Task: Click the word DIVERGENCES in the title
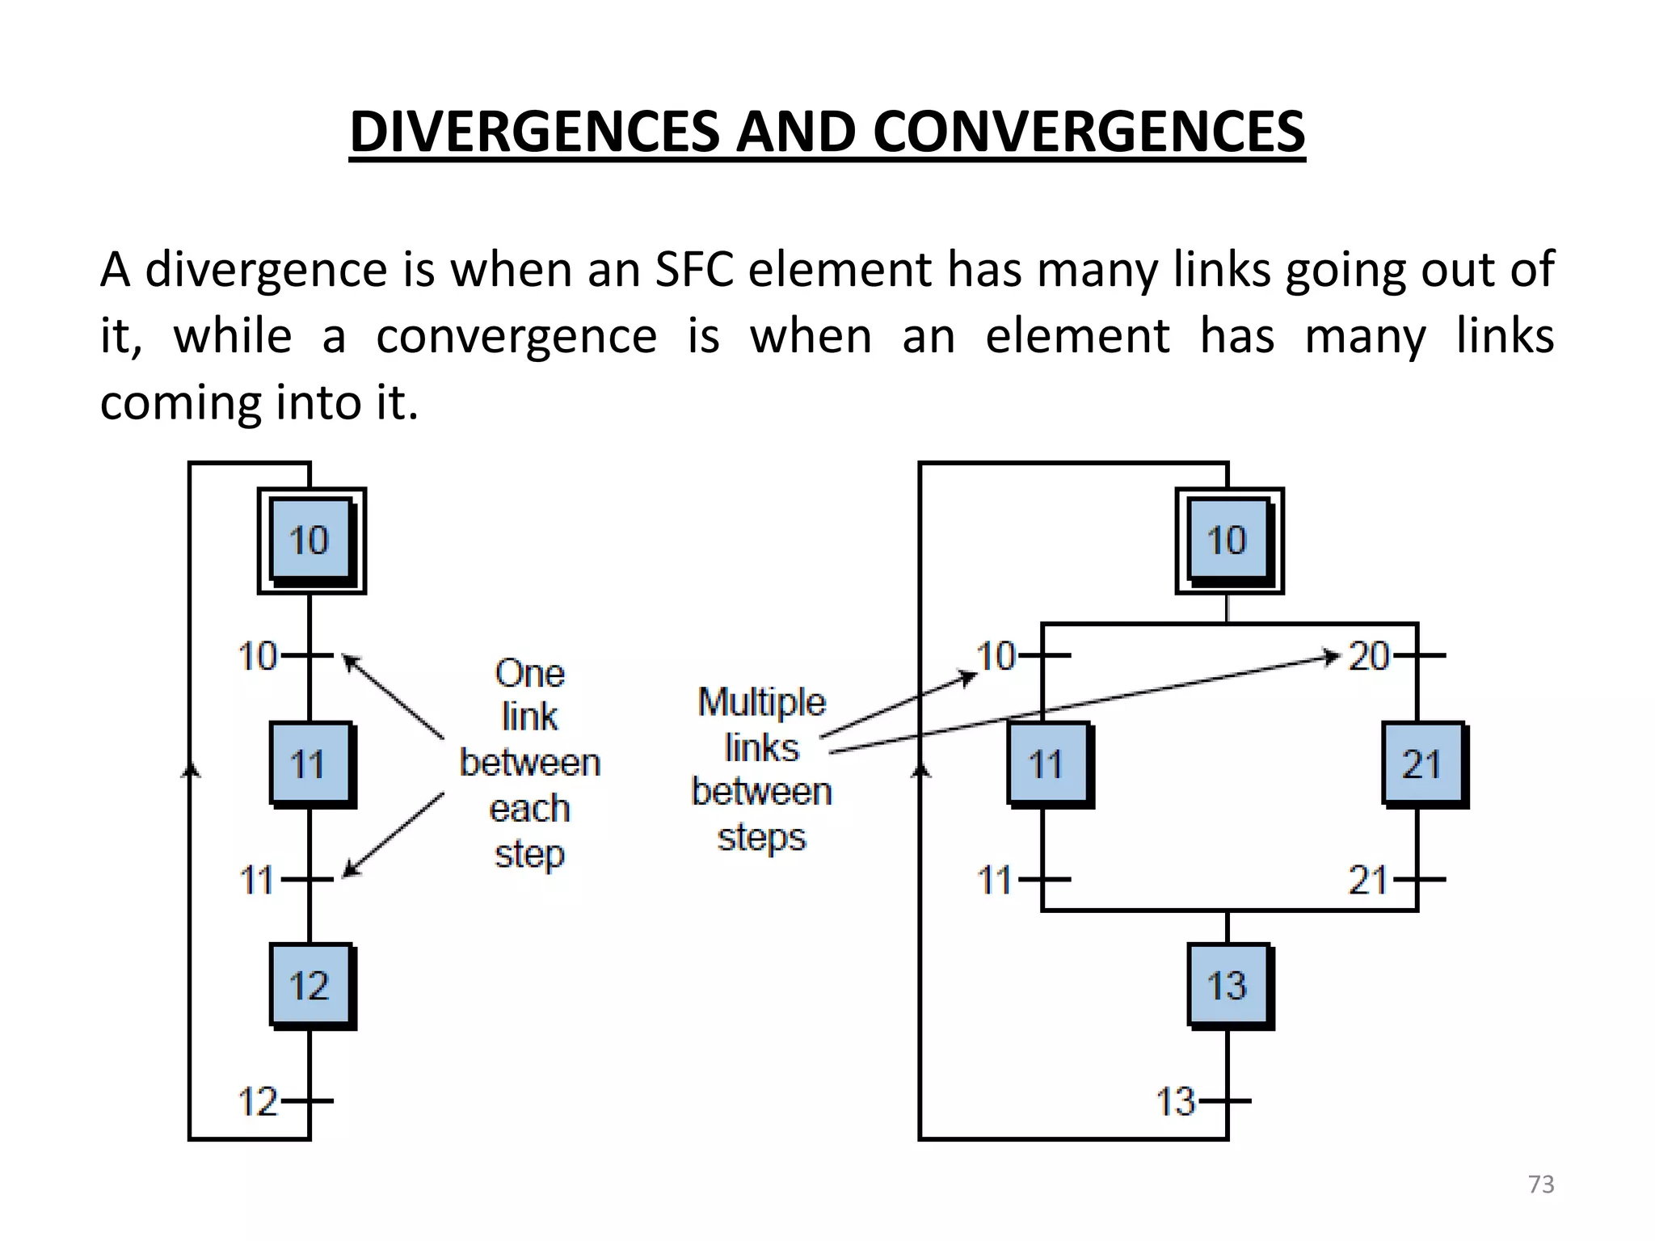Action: click(x=534, y=132)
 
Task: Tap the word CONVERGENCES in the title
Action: click(x=1089, y=132)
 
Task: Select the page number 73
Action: click(x=1541, y=1184)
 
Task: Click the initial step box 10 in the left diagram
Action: click(x=311, y=541)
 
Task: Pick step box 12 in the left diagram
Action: click(x=311, y=985)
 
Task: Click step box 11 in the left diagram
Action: click(x=311, y=764)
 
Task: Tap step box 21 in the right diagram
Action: click(x=1423, y=764)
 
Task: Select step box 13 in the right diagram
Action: click(x=1228, y=985)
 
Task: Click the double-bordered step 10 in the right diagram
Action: click(x=1228, y=541)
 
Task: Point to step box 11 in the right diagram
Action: click(x=1048, y=764)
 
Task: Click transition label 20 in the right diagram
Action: click(x=1368, y=656)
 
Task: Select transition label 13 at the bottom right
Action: click(x=1175, y=1101)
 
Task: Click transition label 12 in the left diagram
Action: click(x=258, y=1101)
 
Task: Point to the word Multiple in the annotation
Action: click(x=761, y=702)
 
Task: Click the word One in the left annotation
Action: click(x=529, y=673)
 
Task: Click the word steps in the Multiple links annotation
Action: click(x=761, y=838)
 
